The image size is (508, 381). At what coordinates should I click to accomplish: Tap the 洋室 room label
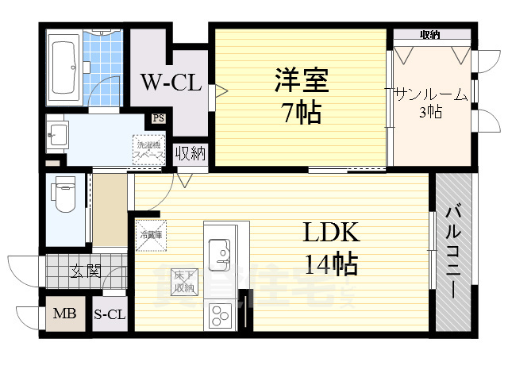point(301,82)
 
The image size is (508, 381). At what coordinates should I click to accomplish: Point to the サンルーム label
point(430,94)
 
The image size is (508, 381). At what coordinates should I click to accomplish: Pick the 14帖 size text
point(330,264)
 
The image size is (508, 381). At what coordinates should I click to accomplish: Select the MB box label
point(64,314)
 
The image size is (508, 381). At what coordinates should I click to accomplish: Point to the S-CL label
point(110,315)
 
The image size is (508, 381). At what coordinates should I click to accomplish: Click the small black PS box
point(158,120)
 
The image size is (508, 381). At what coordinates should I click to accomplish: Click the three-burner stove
point(218,316)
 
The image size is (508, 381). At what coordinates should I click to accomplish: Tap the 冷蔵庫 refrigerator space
point(151,233)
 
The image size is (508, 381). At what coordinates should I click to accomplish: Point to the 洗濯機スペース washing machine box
point(148,150)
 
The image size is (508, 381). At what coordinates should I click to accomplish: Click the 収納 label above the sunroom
point(430,34)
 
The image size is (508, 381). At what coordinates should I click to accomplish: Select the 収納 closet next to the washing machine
point(190,152)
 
